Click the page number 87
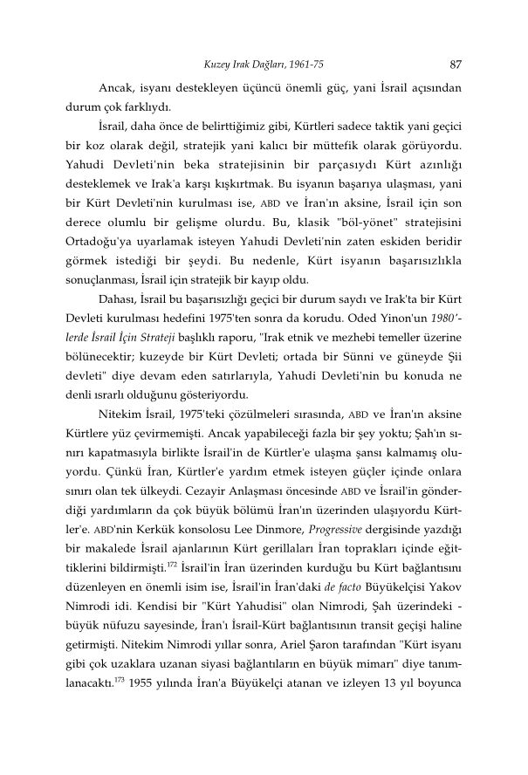pyautogui.click(x=455, y=63)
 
